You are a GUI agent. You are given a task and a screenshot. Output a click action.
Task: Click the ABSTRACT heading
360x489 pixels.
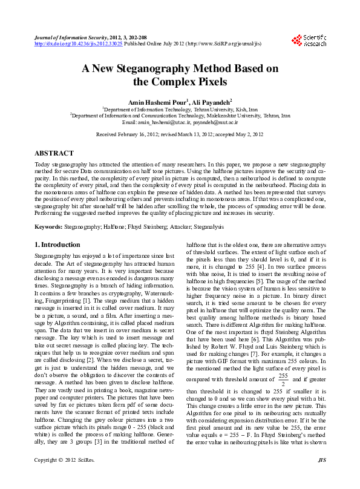point(54,154)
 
